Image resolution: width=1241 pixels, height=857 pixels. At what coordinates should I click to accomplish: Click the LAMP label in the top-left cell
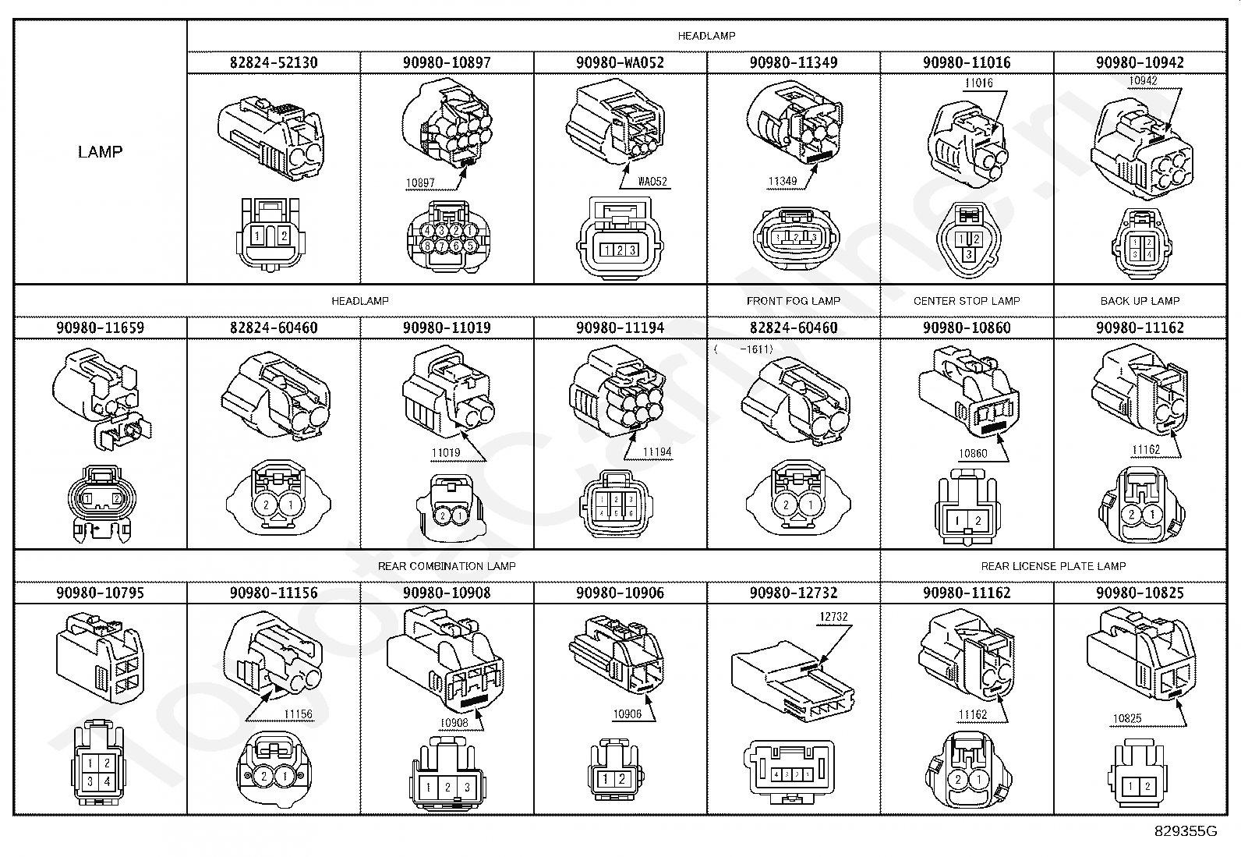pyautogui.click(x=100, y=151)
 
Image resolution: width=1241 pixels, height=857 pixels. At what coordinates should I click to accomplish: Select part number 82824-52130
pyautogui.click(x=274, y=62)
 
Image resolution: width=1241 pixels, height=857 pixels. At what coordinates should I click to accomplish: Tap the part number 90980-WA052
pyautogui.click(x=620, y=62)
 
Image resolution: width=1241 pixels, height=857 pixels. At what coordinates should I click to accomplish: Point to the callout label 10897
pyautogui.click(x=420, y=183)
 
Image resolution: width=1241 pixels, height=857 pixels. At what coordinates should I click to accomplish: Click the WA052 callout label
pyautogui.click(x=652, y=182)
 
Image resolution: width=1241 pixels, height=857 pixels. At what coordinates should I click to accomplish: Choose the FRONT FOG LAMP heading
pyautogui.click(x=794, y=301)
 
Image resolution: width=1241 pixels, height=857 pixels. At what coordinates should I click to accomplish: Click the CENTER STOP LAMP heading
pyautogui.click(x=967, y=301)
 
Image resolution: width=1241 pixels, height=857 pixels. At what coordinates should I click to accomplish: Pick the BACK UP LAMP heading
pyautogui.click(x=1140, y=301)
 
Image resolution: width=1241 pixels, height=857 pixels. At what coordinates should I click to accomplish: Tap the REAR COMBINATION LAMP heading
pyautogui.click(x=447, y=566)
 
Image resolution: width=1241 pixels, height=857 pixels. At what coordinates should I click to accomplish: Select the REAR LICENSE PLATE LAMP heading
pyautogui.click(x=1053, y=566)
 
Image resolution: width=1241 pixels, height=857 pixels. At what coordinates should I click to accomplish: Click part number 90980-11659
pyautogui.click(x=100, y=328)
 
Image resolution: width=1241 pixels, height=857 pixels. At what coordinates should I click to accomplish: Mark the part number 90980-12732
pyautogui.click(x=794, y=593)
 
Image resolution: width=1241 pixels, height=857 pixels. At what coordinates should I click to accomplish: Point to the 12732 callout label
pyautogui.click(x=833, y=617)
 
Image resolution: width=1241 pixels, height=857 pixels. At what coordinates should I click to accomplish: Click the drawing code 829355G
pyautogui.click(x=1186, y=831)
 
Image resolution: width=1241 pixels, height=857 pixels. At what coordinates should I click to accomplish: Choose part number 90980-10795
pyautogui.click(x=100, y=593)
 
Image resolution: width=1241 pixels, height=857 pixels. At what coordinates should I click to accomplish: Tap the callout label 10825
pyautogui.click(x=1127, y=718)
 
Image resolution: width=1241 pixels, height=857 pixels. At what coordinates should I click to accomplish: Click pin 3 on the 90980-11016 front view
pyautogui.click(x=968, y=254)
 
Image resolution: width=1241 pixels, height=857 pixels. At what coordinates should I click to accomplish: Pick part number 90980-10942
pyautogui.click(x=1140, y=62)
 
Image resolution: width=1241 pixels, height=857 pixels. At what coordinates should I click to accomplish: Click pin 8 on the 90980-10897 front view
pyautogui.click(x=427, y=246)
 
